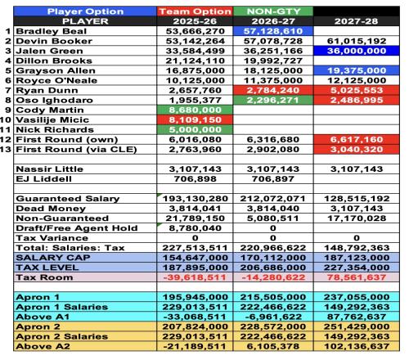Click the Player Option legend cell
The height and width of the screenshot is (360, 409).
pyautogui.click(x=85, y=11)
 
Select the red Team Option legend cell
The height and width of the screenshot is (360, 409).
pyautogui.click(x=195, y=11)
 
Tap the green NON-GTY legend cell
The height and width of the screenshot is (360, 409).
pyautogui.click(x=273, y=11)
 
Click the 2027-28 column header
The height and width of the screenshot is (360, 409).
pyautogui.click(x=357, y=21)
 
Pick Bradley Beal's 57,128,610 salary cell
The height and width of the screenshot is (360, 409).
pyautogui.click(x=273, y=31)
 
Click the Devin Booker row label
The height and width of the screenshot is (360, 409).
pyautogui.click(x=54, y=41)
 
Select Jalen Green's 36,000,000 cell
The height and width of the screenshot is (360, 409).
pyautogui.click(x=357, y=51)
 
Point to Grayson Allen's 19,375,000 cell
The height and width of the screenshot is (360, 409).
pyautogui.click(x=357, y=70)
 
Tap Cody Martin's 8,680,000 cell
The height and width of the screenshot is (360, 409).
pyautogui.click(x=195, y=110)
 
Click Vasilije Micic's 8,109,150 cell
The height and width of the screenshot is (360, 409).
pyautogui.click(x=195, y=119)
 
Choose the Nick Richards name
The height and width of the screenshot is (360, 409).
pyautogui.click(x=55, y=129)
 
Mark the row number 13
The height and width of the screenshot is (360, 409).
pyautogui.click(x=6, y=149)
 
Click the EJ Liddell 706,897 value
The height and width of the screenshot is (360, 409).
pyautogui.click(x=273, y=179)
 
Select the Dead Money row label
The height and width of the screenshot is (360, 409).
pyautogui.click(x=51, y=209)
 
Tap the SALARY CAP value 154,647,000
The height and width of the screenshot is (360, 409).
pyautogui.click(x=195, y=258)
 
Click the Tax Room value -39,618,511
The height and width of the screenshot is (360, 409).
pyautogui.click(x=195, y=277)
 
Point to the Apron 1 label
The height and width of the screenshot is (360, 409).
pyautogui.click(x=38, y=297)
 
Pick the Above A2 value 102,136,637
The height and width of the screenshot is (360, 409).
pyautogui.click(x=357, y=346)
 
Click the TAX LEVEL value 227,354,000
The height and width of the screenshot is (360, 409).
pyautogui.click(x=357, y=268)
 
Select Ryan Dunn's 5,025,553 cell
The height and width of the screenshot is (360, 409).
pyautogui.click(x=357, y=90)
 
